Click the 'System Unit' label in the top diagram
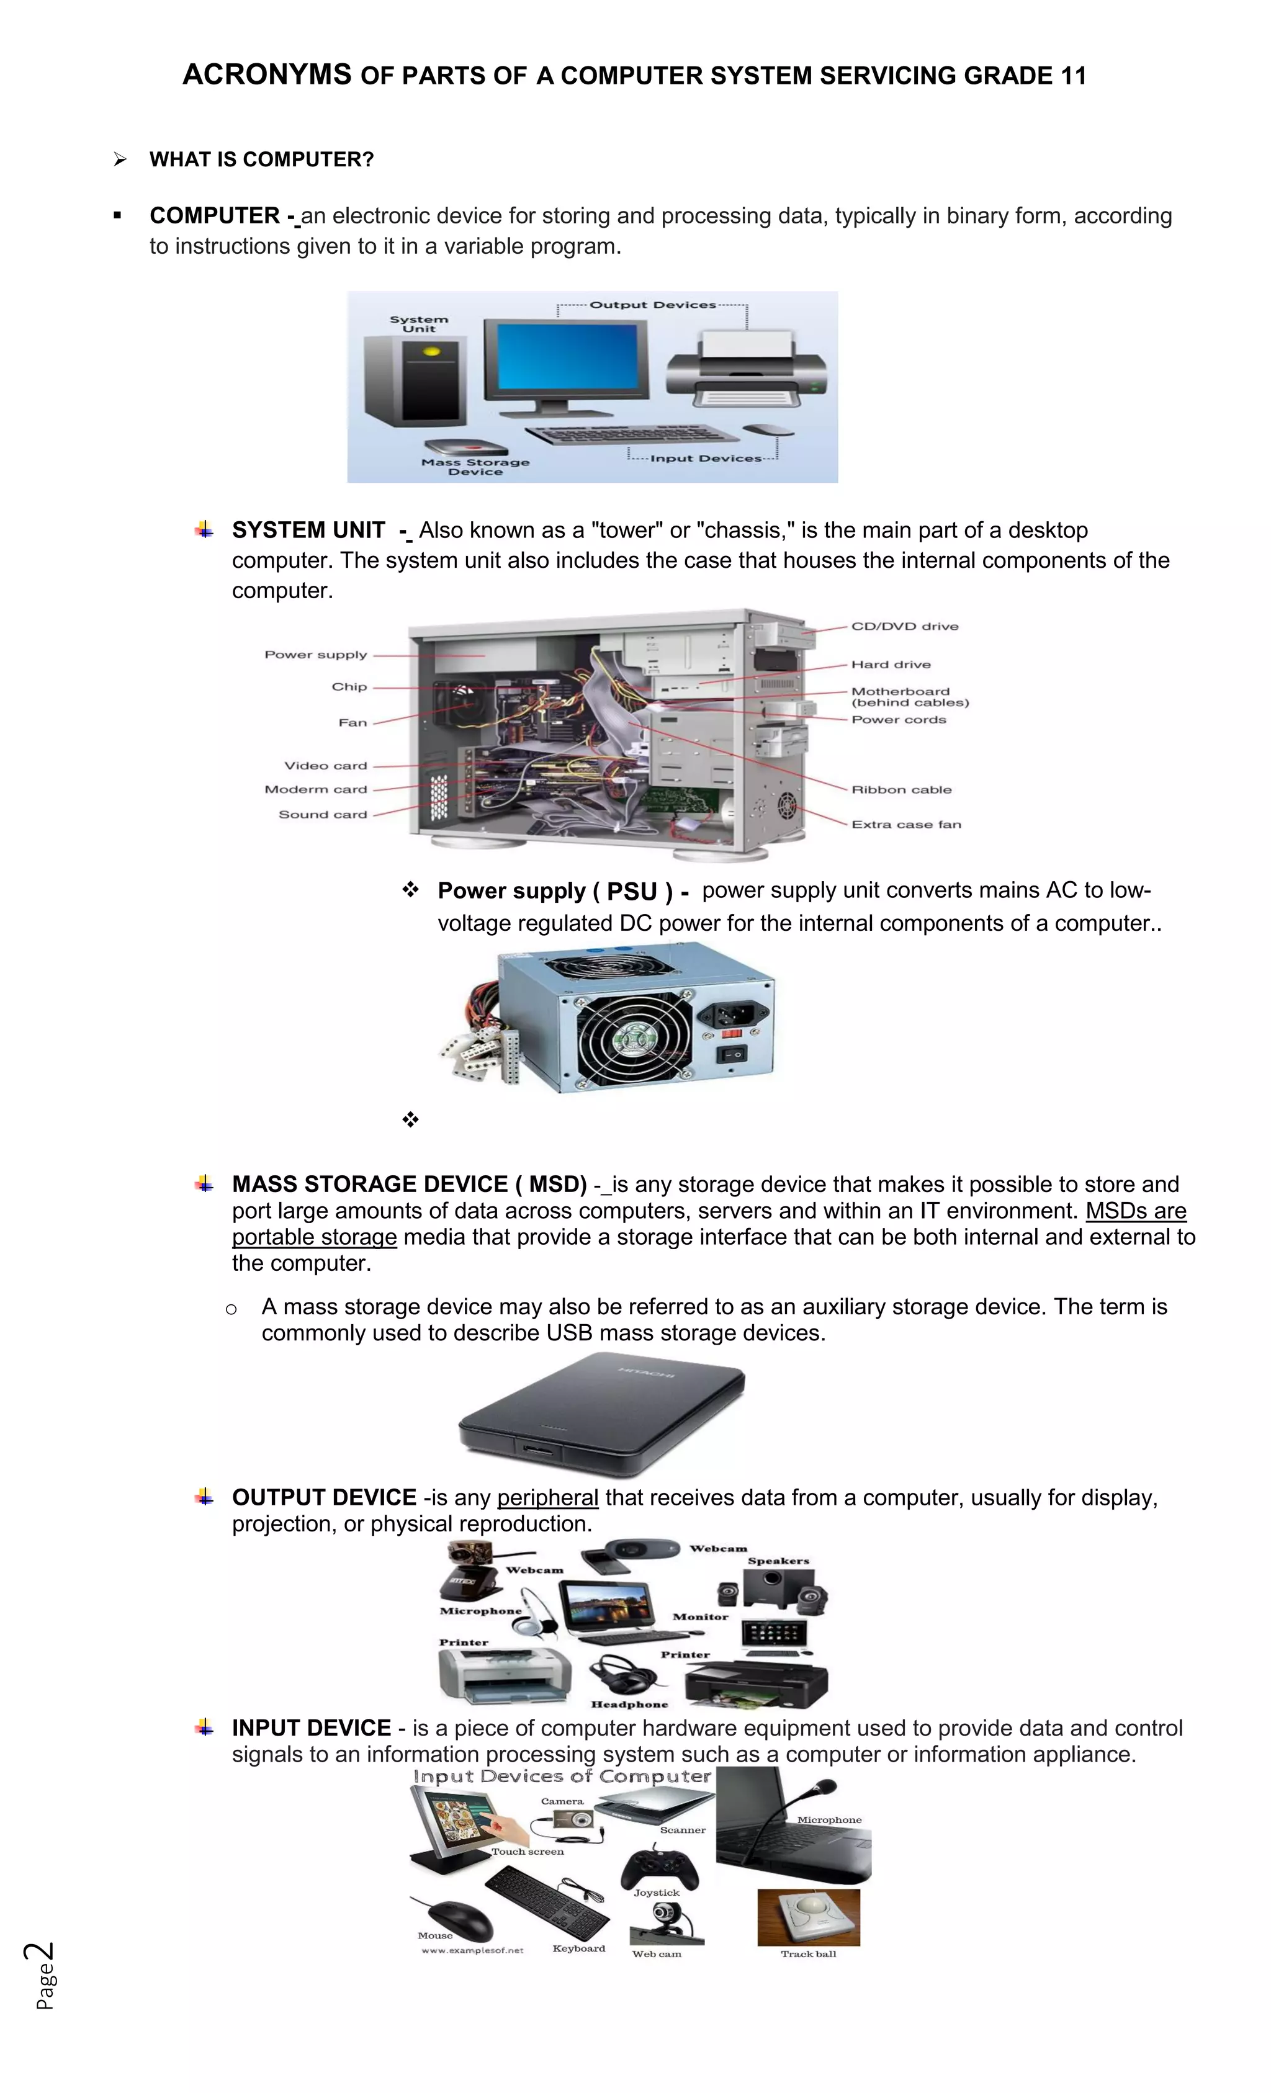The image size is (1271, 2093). tap(419, 324)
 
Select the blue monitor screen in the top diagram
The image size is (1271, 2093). tap(567, 357)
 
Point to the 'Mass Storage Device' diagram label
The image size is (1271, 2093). tap(475, 467)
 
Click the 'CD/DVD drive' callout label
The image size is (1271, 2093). tap(904, 627)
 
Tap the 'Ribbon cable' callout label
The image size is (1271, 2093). tap(900, 790)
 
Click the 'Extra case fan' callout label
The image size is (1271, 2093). tap(905, 825)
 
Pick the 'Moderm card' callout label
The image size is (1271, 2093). tap(315, 790)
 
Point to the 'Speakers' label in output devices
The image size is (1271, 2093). tap(778, 1561)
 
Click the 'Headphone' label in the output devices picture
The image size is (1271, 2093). tap(629, 1704)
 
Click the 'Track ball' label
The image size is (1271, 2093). tap(808, 1953)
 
